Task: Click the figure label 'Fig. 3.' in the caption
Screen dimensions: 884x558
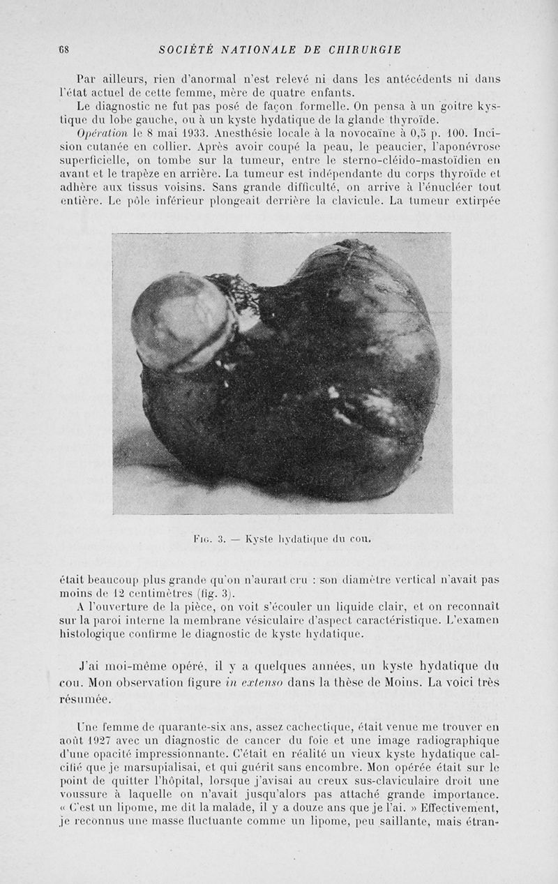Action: [209, 538]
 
